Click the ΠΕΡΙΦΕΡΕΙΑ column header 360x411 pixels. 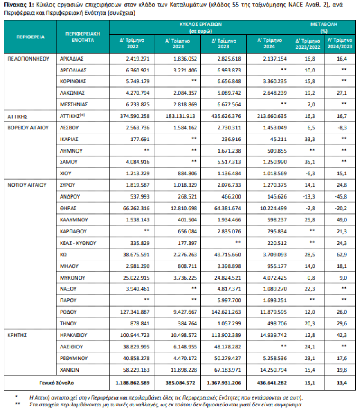click(30, 37)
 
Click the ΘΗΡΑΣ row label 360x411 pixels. click(68, 208)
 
